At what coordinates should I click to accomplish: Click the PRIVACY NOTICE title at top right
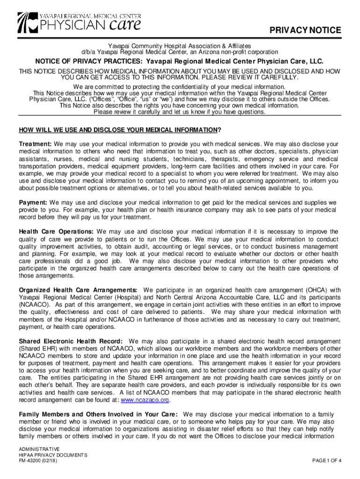306,30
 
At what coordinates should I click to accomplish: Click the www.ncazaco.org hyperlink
145,400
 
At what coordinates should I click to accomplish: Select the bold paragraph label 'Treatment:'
35,144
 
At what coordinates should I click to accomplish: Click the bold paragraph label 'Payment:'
33,203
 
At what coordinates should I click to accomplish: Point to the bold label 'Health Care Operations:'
56,232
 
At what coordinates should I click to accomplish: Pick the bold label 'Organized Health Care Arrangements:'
78,290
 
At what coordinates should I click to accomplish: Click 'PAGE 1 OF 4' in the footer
327,460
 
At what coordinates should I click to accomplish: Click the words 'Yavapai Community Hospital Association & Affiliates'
180,46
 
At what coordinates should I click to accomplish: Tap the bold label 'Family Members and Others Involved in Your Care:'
98,414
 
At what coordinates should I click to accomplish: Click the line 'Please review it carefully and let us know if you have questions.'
180,112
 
